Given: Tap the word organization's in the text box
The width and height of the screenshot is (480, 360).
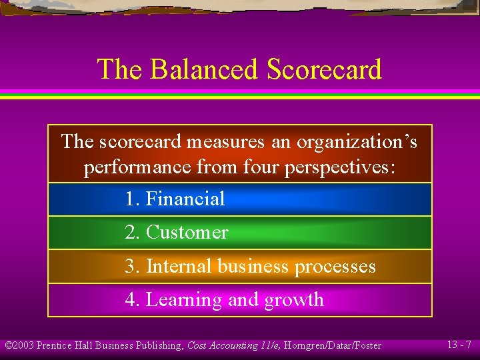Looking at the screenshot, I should pyautogui.click(x=357, y=142).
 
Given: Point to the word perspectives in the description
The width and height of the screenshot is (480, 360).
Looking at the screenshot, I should pyautogui.click(x=340, y=167).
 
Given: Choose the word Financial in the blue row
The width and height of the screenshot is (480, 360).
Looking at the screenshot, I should pyautogui.click(x=185, y=199).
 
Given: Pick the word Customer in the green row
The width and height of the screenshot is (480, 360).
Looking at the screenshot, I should pyautogui.click(x=187, y=232).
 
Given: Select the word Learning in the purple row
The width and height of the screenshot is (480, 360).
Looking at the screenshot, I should pyautogui.click(x=184, y=300).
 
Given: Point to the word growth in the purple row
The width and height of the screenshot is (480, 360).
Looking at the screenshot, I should pyautogui.click(x=294, y=300).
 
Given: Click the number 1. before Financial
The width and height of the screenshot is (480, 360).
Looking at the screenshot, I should pyautogui.click(x=132, y=199).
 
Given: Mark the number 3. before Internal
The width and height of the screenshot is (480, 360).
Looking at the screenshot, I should pyautogui.click(x=133, y=266).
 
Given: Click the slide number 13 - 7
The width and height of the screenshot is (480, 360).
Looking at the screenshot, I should pyautogui.click(x=459, y=345).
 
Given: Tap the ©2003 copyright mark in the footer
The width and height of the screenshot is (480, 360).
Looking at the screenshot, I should pyautogui.click(x=19, y=345).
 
